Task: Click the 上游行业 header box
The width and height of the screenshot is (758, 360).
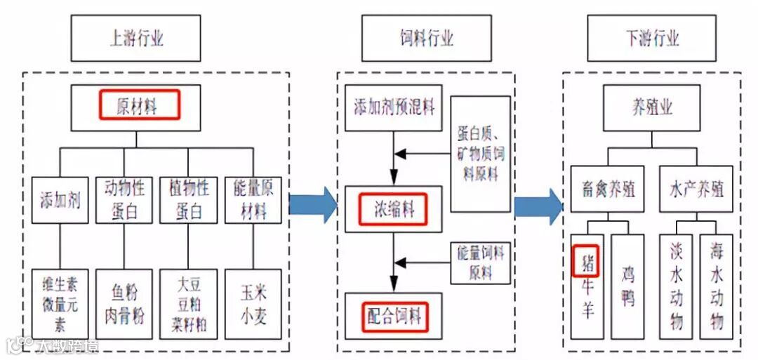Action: coord(136,38)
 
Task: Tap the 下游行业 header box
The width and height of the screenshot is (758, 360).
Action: coord(652,38)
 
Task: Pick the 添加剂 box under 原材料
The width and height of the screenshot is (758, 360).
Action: coord(60,200)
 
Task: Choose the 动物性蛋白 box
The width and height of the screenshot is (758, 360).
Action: coord(124,200)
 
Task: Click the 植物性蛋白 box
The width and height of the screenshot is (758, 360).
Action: coord(188,200)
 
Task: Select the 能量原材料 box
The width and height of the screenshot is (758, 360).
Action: coord(253,200)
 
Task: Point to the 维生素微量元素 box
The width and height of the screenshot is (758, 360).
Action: coord(60,304)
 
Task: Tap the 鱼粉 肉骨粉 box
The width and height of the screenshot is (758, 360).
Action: coord(124,304)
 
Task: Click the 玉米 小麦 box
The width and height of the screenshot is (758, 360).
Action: coord(253,304)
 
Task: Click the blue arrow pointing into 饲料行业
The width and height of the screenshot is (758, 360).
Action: coord(313,204)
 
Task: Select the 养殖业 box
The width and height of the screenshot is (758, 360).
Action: coord(652,107)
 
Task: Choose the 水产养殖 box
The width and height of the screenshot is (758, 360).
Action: coord(696,189)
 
